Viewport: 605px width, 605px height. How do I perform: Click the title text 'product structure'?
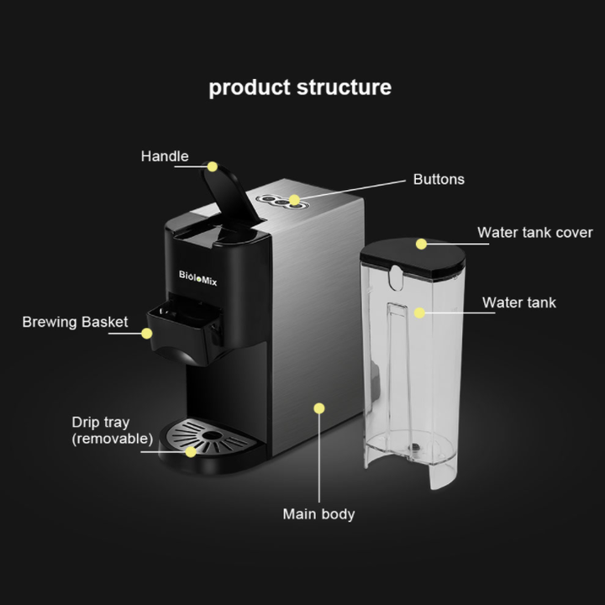point(300,87)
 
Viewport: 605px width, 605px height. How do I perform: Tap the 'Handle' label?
point(165,156)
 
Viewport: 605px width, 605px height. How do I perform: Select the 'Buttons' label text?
point(439,180)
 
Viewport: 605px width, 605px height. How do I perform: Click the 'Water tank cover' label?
point(535,233)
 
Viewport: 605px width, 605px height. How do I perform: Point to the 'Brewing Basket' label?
point(75,322)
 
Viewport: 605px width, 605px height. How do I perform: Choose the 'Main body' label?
point(318,513)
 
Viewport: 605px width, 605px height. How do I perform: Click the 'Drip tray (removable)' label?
point(112,430)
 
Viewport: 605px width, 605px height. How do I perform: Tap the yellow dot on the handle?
point(213,166)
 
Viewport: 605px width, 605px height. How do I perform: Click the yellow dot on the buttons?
point(294,200)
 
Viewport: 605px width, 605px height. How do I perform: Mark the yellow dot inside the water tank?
point(418,312)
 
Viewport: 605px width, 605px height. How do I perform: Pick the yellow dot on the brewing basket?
point(147,334)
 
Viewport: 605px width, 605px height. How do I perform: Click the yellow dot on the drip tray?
point(191,451)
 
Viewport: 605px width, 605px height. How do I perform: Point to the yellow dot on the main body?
point(318,408)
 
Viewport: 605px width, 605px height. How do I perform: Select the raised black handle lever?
point(226,197)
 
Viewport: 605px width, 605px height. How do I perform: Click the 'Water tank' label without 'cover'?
point(518,302)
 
